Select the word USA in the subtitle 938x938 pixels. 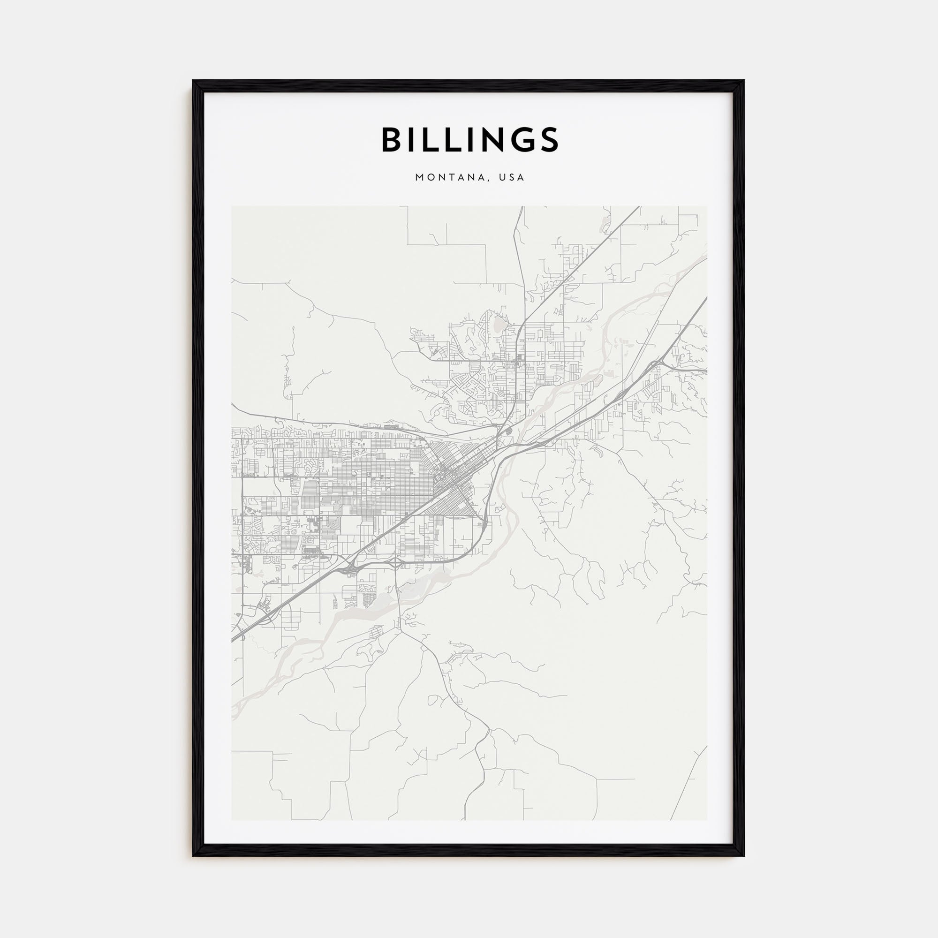coord(513,178)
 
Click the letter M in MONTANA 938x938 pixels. coord(419,178)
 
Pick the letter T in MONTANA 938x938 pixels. coord(452,178)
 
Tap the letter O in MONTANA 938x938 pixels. coord(430,178)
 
